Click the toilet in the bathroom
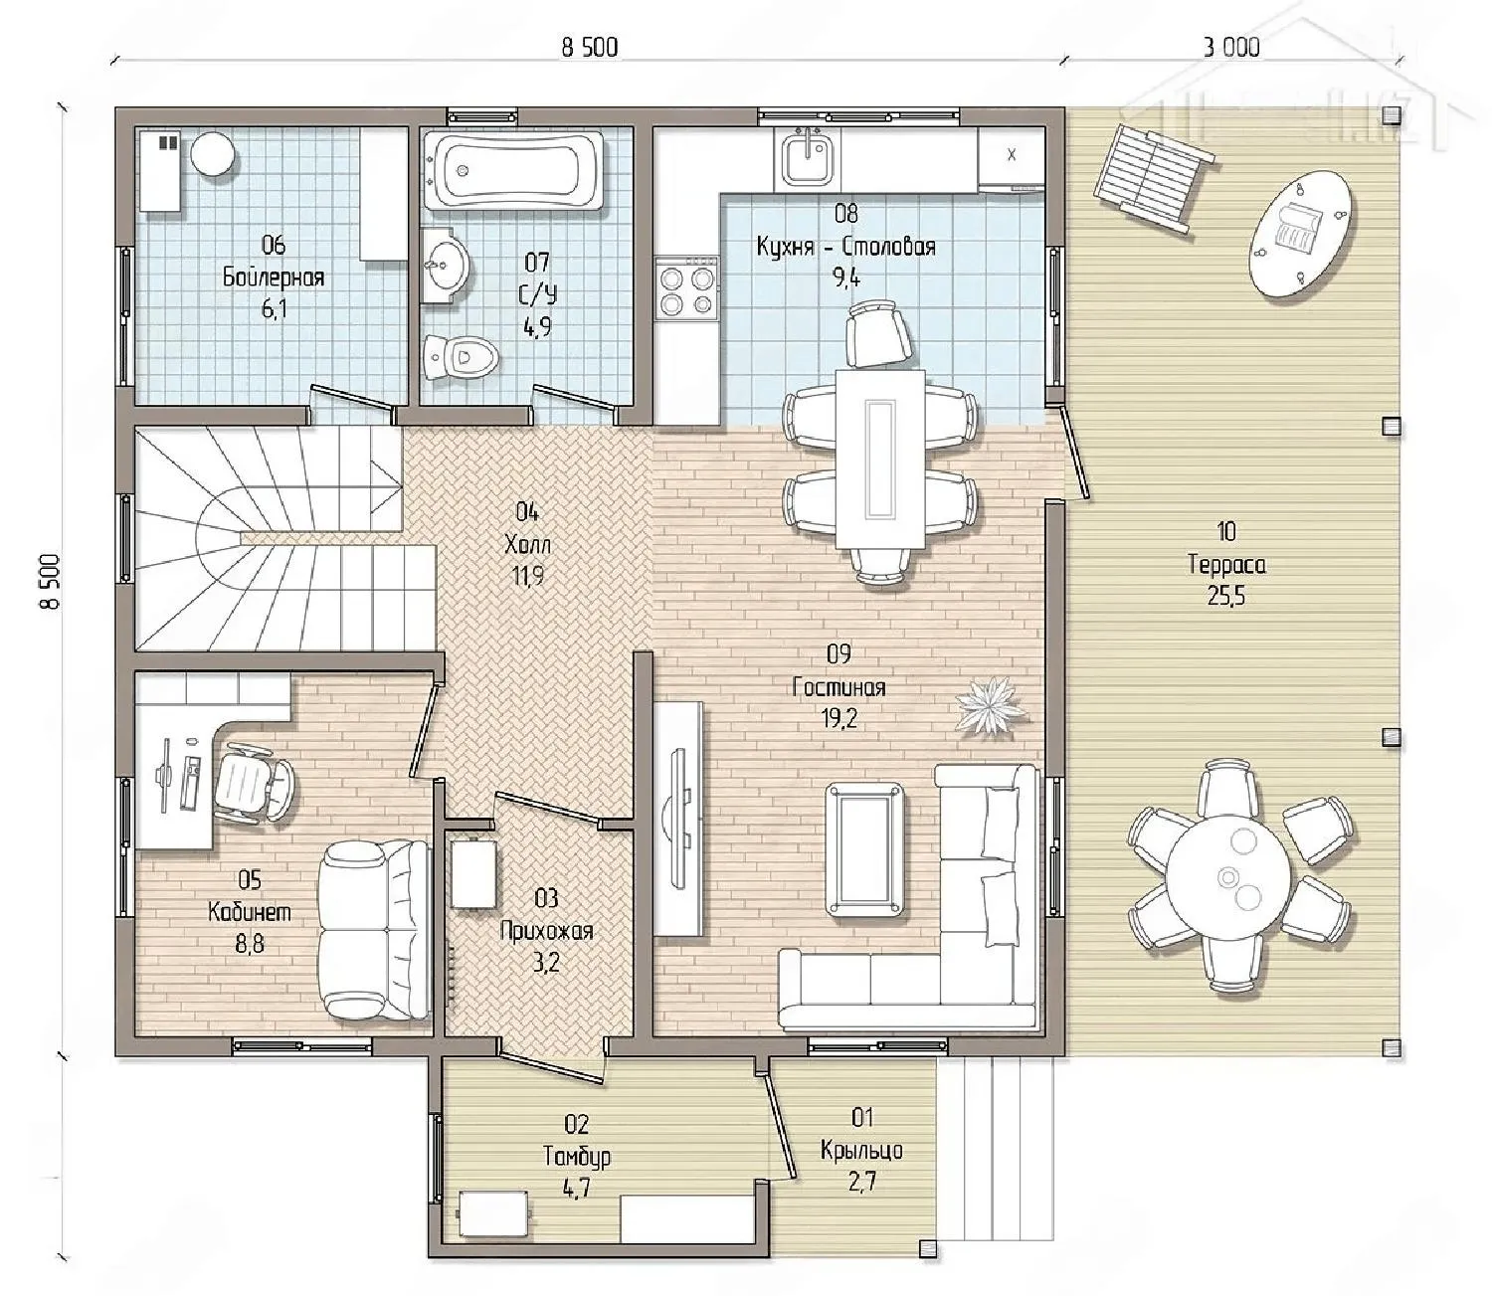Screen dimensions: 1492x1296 tap(460, 356)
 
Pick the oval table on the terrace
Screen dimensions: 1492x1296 tap(1305, 233)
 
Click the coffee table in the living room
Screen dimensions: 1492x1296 tap(865, 849)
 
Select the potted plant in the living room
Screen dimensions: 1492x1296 tap(993, 706)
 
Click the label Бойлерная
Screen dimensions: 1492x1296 tap(274, 278)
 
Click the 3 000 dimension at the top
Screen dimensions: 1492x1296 tap(1231, 48)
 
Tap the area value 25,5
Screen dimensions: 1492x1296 tap(1226, 596)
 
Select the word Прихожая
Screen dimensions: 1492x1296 tap(546, 931)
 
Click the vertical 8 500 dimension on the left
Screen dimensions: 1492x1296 tap(51, 581)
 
